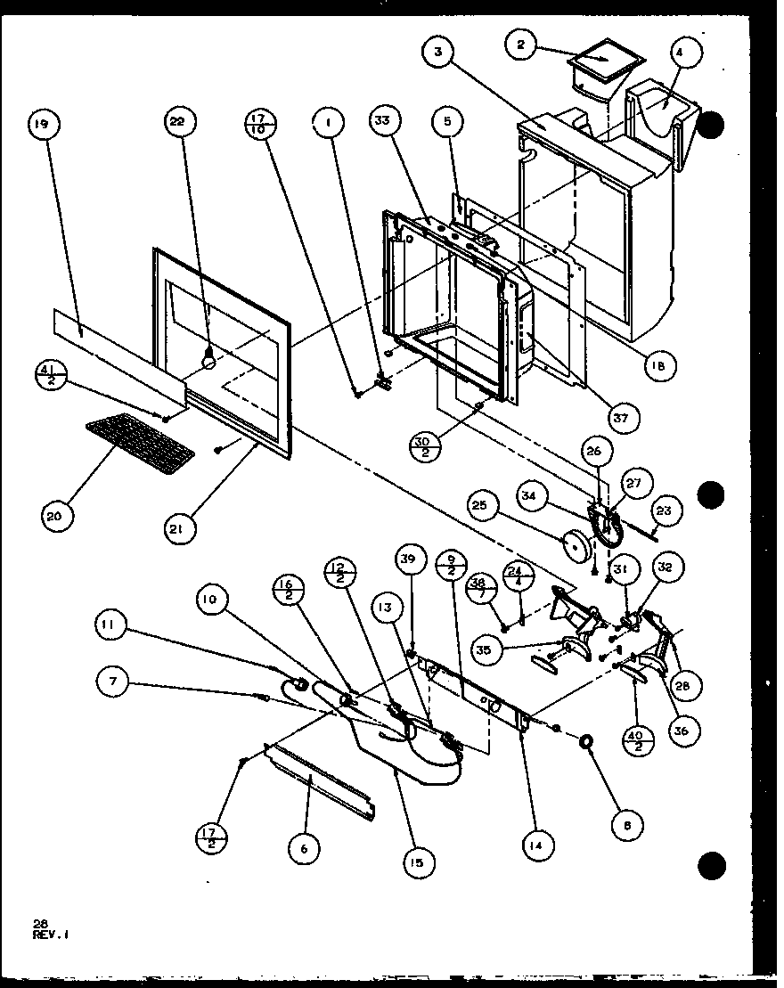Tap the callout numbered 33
387,127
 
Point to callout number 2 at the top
521,42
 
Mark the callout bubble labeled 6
304,849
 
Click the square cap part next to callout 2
604,61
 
